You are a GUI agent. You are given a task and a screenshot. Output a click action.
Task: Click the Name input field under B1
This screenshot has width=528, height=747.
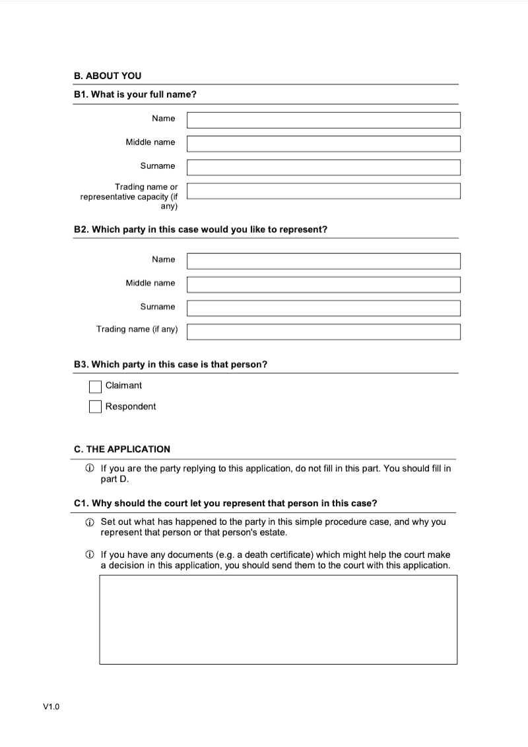323,120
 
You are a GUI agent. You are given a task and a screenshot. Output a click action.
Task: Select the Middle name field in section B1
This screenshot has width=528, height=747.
323,144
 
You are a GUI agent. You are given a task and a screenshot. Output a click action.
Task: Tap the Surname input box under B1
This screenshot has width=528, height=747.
323,167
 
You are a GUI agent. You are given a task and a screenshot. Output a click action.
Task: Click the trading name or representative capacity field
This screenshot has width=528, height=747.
323,191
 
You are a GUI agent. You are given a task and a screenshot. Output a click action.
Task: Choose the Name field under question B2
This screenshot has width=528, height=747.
323,261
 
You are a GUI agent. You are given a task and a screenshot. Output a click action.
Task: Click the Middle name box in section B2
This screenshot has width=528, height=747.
323,285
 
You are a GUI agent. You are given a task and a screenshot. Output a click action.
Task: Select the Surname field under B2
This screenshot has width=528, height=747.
323,309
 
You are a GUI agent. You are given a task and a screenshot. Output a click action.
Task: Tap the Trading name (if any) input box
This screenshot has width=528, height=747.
323,332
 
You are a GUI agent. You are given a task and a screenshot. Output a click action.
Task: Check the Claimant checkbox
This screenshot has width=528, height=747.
96,386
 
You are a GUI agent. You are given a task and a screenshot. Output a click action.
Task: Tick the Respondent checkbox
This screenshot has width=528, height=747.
96,407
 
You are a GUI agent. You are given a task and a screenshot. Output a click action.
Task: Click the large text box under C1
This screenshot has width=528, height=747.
278,619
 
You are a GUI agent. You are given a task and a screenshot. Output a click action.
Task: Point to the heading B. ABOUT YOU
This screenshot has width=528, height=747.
108,76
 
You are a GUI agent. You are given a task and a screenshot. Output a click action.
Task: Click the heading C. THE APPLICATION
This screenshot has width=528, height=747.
122,449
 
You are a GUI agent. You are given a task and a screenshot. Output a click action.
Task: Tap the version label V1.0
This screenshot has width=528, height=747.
51,707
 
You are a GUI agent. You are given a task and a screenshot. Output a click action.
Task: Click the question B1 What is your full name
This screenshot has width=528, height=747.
135,94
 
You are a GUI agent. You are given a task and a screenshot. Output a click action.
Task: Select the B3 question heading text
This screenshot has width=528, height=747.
170,365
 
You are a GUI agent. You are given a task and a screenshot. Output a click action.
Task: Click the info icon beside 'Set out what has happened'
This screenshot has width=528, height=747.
90,522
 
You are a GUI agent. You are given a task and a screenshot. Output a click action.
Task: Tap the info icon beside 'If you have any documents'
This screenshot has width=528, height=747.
90,555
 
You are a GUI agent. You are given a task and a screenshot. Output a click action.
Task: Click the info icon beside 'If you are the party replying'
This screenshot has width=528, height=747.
90,469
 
